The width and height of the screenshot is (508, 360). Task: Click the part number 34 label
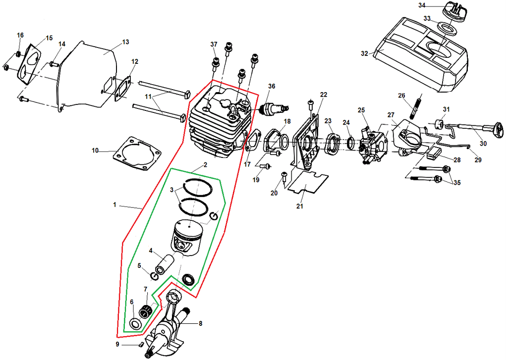422,5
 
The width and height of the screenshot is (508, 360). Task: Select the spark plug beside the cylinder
272,107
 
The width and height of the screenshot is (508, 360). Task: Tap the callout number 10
95,150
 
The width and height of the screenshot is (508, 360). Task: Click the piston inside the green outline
188,237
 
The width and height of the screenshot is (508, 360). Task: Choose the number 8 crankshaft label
200,324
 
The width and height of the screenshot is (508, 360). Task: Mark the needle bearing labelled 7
145,311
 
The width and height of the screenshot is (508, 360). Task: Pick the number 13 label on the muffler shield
125,42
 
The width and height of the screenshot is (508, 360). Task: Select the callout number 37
214,45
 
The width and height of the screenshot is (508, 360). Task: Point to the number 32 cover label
365,53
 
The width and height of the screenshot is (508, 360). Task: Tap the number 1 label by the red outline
114,205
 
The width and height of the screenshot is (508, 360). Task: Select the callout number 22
324,95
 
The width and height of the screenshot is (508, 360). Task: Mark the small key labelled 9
140,344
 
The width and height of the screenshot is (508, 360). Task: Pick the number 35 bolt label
456,183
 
